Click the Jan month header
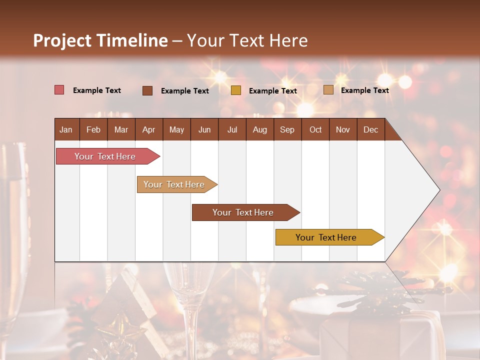tap(66, 129)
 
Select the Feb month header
tap(93, 129)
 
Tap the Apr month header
tap(149, 129)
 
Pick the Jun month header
tap(204, 129)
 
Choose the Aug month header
tap(260, 129)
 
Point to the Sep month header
tap(287, 129)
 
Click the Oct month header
tap(315, 129)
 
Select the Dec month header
tap(371, 129)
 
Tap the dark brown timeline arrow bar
tap(243, 212)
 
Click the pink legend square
tap(59, 90)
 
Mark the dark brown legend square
tap(147, 90)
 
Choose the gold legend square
tap(236, 90)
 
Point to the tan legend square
tap(328, 90)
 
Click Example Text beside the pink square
tap(97, 90)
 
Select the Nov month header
tap(343, 129)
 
